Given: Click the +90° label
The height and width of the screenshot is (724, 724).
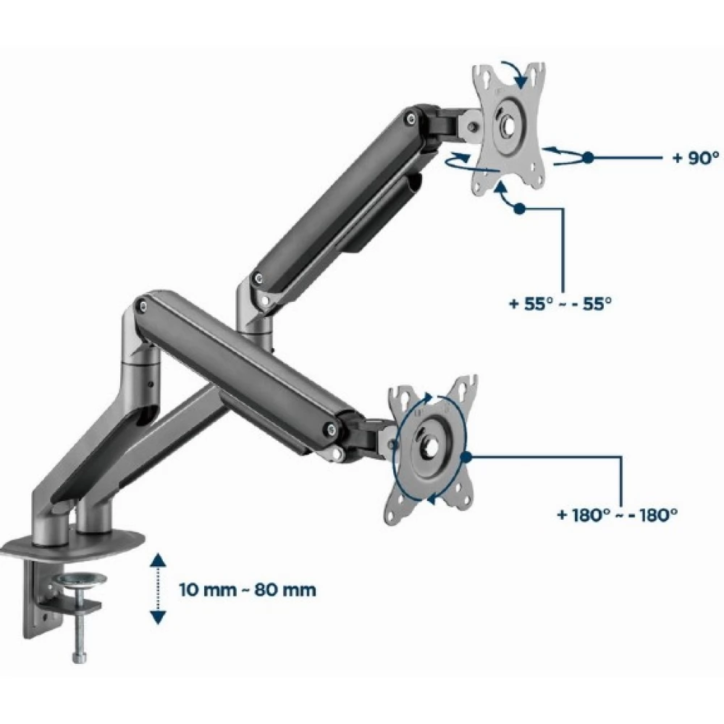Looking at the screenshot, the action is (x=696, y=158).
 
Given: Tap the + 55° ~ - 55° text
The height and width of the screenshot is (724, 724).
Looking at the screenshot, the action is (x=560, y=304).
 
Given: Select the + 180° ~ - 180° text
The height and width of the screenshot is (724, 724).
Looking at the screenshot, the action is (x=618, y=514).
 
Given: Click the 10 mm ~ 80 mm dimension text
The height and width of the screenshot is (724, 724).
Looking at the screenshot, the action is (x=248, y=589).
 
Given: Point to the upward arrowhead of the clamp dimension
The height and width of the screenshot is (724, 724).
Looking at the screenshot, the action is (x=159, y=560).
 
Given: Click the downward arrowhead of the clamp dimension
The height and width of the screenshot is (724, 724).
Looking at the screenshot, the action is (x=159, y=618).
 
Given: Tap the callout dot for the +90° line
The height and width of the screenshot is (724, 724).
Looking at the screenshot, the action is (x=588, y=157).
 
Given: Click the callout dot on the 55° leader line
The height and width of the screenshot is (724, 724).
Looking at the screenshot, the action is (x=520, y=209).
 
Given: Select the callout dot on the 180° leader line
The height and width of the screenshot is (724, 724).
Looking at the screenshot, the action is (x=466, y=457).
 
